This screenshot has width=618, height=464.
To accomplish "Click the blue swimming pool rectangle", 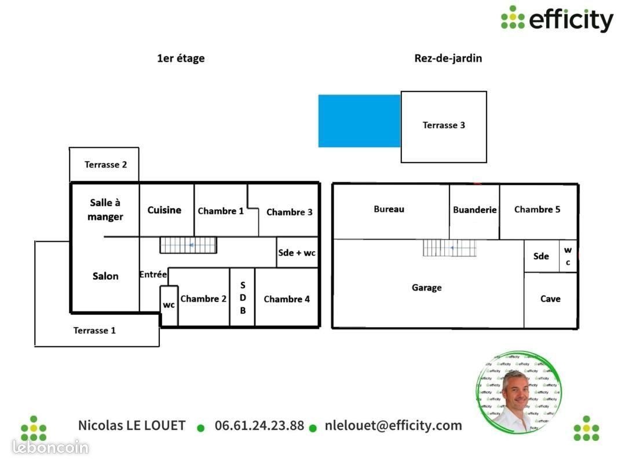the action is (x=360, y=121).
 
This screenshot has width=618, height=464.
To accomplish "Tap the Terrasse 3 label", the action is (x=444, y=125).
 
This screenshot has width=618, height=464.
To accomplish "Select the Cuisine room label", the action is (x=164, y=210).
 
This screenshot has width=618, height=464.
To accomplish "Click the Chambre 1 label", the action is (x=221, y=211).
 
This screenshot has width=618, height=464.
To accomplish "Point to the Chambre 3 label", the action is (x=289, y=212).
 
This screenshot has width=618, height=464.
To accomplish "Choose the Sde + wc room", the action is (x=297, y=252).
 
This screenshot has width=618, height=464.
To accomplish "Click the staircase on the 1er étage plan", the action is (x=188, y=245).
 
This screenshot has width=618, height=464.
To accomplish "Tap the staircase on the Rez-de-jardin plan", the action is (x=449, y=248).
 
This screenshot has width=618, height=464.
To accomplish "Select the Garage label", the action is (x=427, y=288).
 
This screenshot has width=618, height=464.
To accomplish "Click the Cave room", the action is (x=551, y=300).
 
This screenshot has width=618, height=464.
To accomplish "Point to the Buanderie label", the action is (x=475, y=210).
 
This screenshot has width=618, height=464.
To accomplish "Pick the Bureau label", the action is (x=389, y=209).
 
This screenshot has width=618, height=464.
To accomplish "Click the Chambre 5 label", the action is (x=537, y=209).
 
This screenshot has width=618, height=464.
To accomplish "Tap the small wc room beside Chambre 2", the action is (x=169, y=306).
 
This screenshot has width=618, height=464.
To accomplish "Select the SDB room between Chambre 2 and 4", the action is (x=242, y=298).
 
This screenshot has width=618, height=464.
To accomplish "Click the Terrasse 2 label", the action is (x=105, y=165).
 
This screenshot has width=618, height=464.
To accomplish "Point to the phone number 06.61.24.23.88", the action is (x=259, y=425).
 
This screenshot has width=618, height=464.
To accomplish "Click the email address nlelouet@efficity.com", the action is (x=393, y=425).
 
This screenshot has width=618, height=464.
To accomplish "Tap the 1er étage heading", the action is (x=181, y=59).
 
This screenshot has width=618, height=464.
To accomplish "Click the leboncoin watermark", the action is (x=50, y=447).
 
